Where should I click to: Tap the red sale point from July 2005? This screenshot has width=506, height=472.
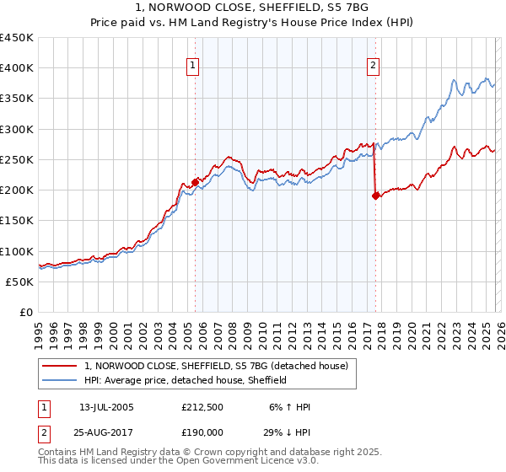(x=195, y=181)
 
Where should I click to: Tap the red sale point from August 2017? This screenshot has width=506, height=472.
(x=375, y=196)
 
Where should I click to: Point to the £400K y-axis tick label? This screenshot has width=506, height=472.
(x=16, y=68)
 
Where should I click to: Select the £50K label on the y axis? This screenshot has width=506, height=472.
(x=19, y=282)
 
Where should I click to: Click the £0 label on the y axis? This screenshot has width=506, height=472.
(x=25, y=312)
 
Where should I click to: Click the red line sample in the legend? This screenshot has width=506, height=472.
(x=61, y=366)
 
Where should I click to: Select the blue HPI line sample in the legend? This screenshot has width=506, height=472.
(x=61, y=380)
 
